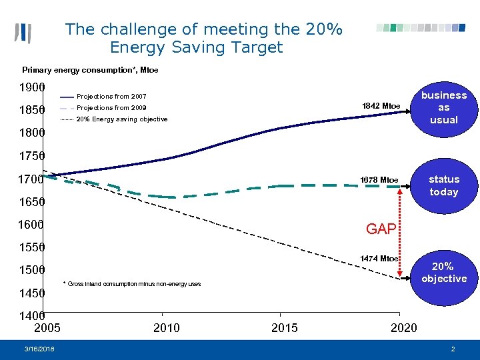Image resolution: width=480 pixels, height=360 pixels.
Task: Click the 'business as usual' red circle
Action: point(443,107)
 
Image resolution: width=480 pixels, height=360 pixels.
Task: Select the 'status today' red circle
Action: point(443,185)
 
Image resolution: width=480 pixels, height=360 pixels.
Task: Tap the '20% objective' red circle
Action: point(443,272)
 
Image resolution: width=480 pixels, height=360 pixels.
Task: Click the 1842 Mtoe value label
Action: point(381,106)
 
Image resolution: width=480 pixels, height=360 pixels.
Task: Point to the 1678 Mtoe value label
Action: point(379,180)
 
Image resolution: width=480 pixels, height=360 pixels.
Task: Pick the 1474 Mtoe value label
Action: point(379,259)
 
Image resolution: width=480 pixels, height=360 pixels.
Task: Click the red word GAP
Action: point(381,229)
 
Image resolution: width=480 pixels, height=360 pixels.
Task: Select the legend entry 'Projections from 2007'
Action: point(111,97)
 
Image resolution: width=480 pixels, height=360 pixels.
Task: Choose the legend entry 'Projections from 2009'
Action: point(111,108)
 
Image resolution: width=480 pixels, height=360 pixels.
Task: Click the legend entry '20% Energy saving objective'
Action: point(122,119)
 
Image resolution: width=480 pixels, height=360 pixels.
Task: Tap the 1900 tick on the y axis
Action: point(31,87)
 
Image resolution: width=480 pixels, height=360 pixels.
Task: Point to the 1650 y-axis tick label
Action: point(31,201)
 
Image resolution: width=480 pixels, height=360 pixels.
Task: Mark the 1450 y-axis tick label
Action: point(31,293)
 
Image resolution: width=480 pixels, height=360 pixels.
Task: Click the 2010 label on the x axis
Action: point(166,327)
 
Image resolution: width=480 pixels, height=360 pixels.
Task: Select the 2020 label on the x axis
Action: point(403,327)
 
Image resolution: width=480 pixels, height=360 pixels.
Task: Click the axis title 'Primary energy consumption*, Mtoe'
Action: point(90,70)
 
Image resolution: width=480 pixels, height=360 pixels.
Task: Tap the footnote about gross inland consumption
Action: point(131,285)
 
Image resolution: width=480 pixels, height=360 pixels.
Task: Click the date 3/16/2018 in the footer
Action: point(40,349)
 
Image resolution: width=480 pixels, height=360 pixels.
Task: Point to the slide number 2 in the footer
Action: point(453,349)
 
